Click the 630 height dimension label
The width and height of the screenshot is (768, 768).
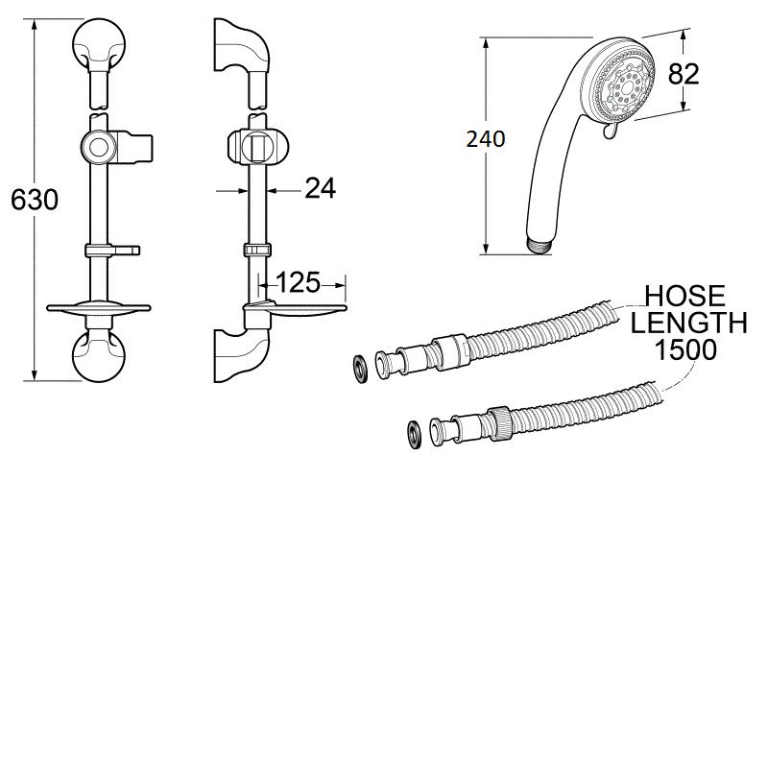(x=34, y=200)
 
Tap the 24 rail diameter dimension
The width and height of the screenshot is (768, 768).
(x=320, y=189)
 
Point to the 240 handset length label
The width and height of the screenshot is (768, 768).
(x=485, y=139)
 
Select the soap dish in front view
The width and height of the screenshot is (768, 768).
(x=100, y=309)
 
